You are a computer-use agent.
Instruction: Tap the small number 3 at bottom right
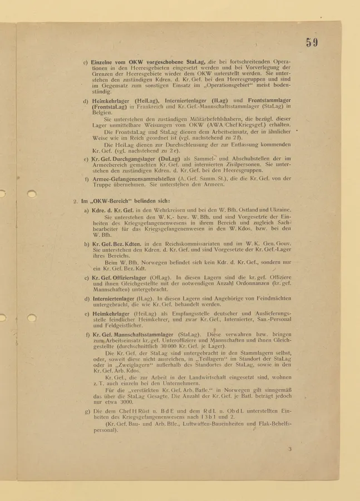pos(289,449)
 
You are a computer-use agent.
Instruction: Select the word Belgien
pos(102,112)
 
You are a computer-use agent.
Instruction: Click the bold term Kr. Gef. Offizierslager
pos(120,277)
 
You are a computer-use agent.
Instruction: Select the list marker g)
pos(87,411)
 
